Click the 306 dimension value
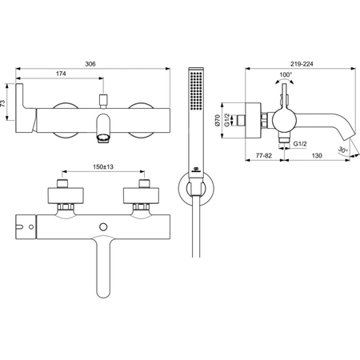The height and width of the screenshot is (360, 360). pyautogui.click(x=90, y=64)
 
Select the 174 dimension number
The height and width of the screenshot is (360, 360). pyautogui.click(x=61, y=74)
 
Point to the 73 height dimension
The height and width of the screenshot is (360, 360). pyautogui.click(x=3, y=103)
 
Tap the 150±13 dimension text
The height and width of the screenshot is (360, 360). pyautogui.click(x=103, y=167)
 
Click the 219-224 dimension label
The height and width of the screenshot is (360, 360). pyautogui.click(x=302, y=64)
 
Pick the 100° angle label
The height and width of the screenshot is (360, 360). pyautogui.click(x=286, y=74)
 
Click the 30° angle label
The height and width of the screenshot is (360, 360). pyautogui.click(x=342, y=150)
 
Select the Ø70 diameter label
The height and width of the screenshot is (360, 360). pyautogui.click(x=218, y=120)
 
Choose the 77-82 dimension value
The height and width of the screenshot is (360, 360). pyautogui.click(x=264, y=155)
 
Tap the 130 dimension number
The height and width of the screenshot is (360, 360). pyautogui.click(x=317, y=155)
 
